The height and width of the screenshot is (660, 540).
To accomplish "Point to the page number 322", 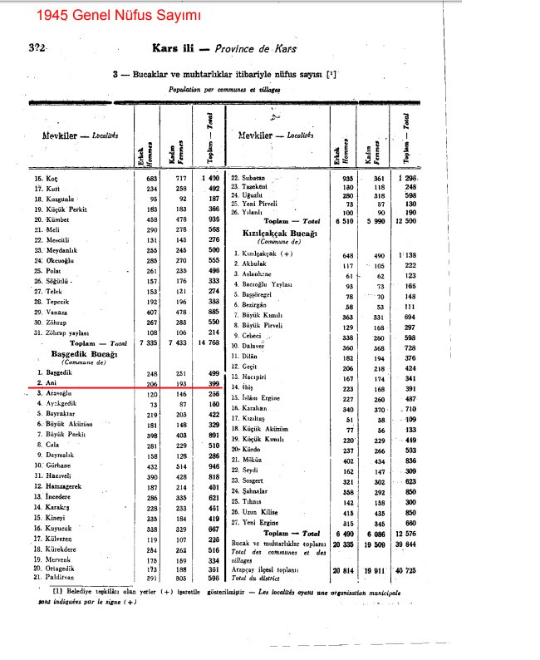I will [36, 48].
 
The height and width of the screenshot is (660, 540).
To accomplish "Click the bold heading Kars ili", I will [175, 49].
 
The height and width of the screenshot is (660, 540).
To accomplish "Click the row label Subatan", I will [253, 178].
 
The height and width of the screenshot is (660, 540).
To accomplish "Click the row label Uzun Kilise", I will [259, 514].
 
